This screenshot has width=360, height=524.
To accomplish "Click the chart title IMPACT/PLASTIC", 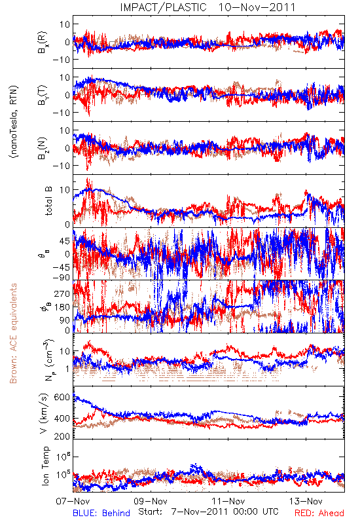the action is tap(163, 7).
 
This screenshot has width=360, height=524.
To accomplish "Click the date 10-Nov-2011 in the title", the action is tap(257, 7).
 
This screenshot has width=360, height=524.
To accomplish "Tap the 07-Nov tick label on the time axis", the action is tap(73, 501).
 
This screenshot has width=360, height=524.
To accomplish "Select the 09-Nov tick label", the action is tap(151, 501).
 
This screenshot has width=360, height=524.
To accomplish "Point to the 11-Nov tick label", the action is tap(228, 501).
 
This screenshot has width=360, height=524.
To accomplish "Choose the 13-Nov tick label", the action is tap(306, 501).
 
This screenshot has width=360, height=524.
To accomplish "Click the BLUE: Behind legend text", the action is tap(101, 513).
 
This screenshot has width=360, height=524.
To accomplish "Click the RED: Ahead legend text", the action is tap(319, 513).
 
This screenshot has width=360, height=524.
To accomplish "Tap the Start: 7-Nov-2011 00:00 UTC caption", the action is tap(208, 512).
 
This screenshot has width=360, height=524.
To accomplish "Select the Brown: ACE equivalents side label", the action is tap(13, 333).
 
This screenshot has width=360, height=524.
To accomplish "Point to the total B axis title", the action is tap(48, 201).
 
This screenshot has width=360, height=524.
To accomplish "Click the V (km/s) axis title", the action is tap(44, 414).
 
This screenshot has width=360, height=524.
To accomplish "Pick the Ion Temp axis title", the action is tap(45, 466).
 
